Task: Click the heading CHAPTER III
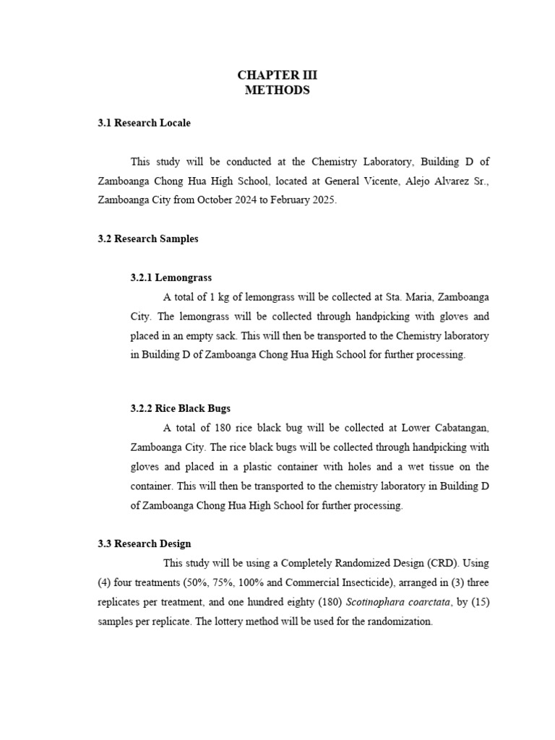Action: tap(277, 75)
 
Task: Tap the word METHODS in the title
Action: tap(277, 90)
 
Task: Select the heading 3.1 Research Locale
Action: tap(145, 123)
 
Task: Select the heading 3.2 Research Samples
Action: tap(148, 238)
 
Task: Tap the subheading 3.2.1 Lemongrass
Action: tap(171, 277)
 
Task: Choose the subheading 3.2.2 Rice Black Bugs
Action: tap(181, 408)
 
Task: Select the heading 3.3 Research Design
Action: tap(145, 543)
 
